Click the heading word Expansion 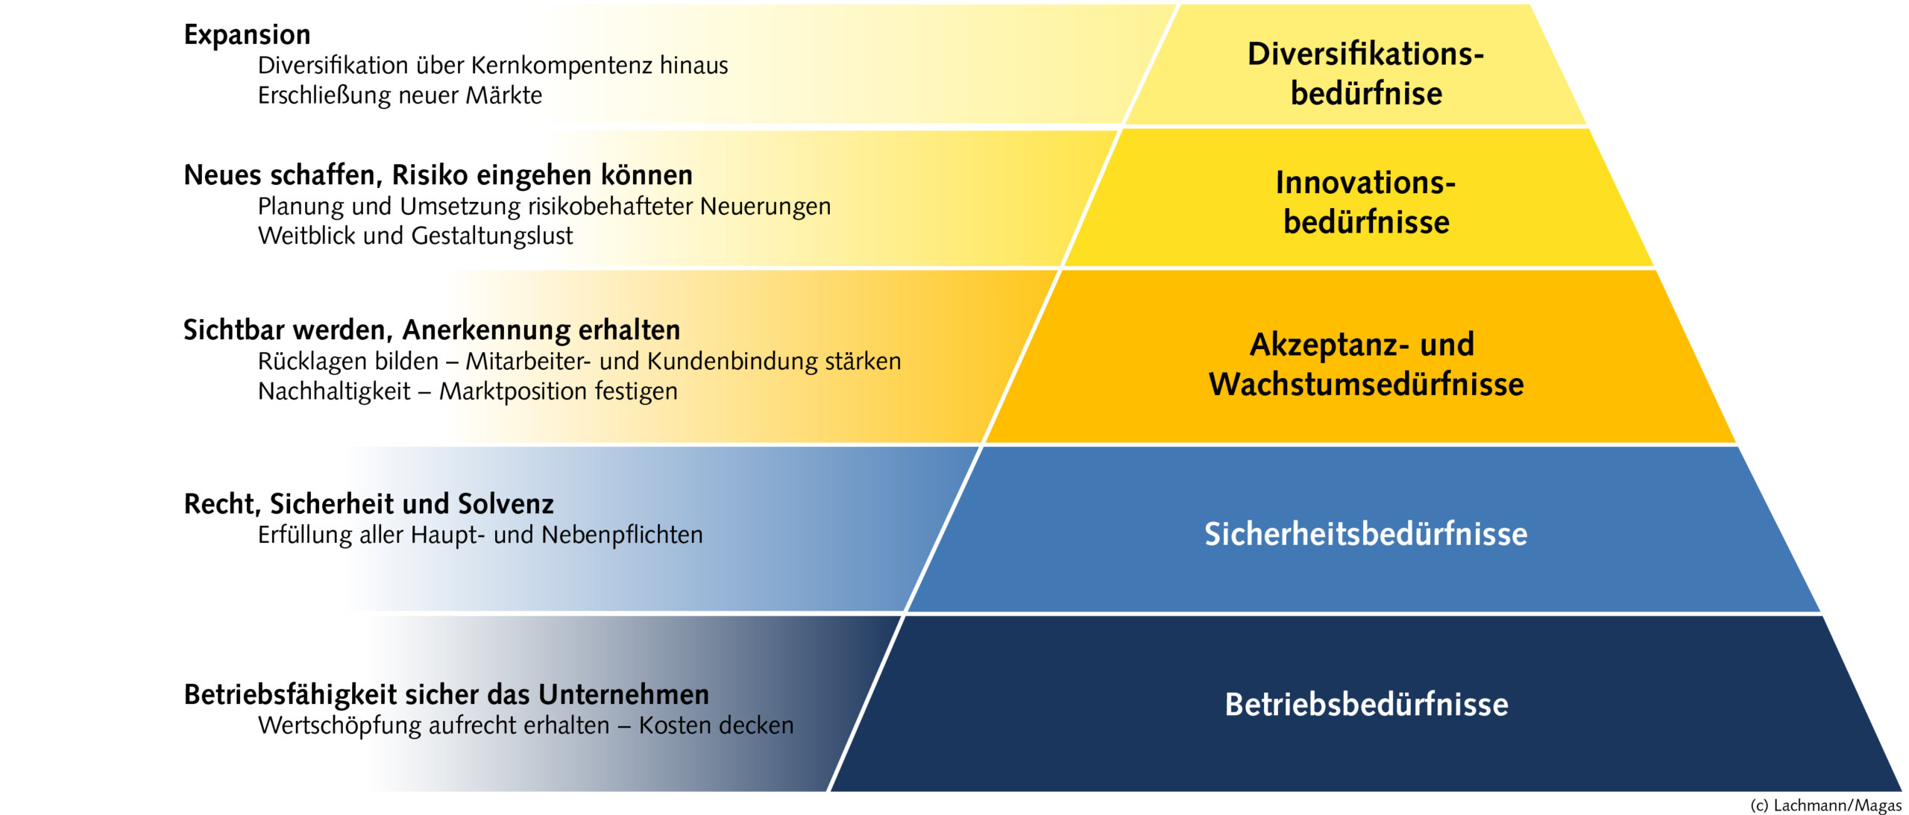pyautogui.click(x=247, y=35)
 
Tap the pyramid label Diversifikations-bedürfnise pyautogui.click(x=1366, y=74)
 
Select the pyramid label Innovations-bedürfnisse pyautogui.click(x=1366, y=202)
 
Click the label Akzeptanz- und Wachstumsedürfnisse pyautogui.click(x=1366, y=364)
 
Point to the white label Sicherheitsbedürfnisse pyautogui.click(x=1366, y=534)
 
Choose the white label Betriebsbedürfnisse pyautogui.click(x=1366, y=705)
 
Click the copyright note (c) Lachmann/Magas pyautogui.click(x=1826, y=805)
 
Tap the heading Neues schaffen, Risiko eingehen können pyautogui.click(x=438, y=175)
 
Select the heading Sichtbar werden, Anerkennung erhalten pyautogui.click(x=432, y=330)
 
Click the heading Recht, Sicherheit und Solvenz pyautogui.click(x=368, y=504)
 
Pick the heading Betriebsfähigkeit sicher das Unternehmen pyautogui.click(x=446, y=695)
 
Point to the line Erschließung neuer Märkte pyautogui.click(x=400, y=95)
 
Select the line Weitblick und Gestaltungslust pyautogui.click(x=415, y=236)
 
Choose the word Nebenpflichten pyautogui.click(x=622, y=535)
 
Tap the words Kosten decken pyautogui.click(x=716, y=726)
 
